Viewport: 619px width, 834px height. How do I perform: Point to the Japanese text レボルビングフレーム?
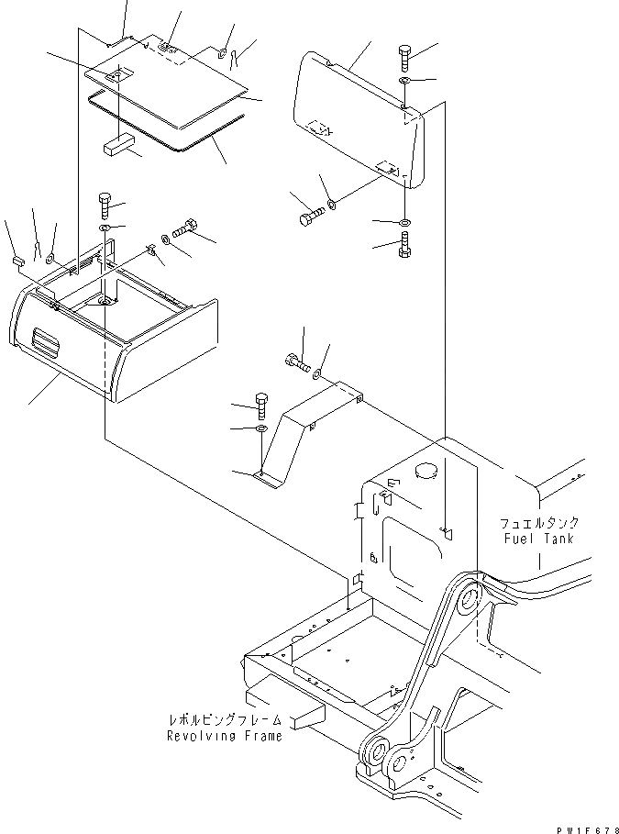tap(225, 720)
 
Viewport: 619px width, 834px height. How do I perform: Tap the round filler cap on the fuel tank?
tap(426, 472)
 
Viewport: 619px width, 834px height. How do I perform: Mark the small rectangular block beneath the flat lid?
tap(118, 147)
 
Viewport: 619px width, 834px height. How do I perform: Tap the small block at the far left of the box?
tap(17, 261)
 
